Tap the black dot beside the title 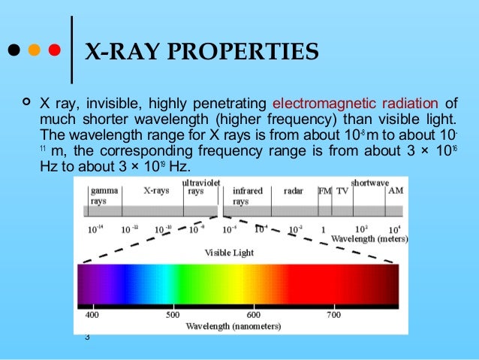pyautogui.click(x=14, y=53)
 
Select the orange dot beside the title pyautogui.click(x=33, y=53)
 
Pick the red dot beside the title pyautogui.click(x=53, y=53)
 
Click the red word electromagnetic pyautogui.click(x=320, y=103)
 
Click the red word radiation pyautogui.click(x=406, y=103)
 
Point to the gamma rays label pyautogui.click(x=102, y=196)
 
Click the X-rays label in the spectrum pyautogui.click(x=157, y=191)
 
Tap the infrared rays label pyautogui.click(x=247, y=196)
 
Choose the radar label pyautogui.click(x=294, y=191)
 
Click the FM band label pyautogui.click(x=325, y=191)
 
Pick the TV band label pyautogui.click(x=342, y=191)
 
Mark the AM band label pyautogui.click(x=396, y=191)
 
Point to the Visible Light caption pyautogui.click(x=229, y=253)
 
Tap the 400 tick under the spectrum pyautogui.click(x=92, y=315)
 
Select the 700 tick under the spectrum pyautogui.click(x=333, y=315)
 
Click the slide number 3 pyautogui.click(x=87, y=337)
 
